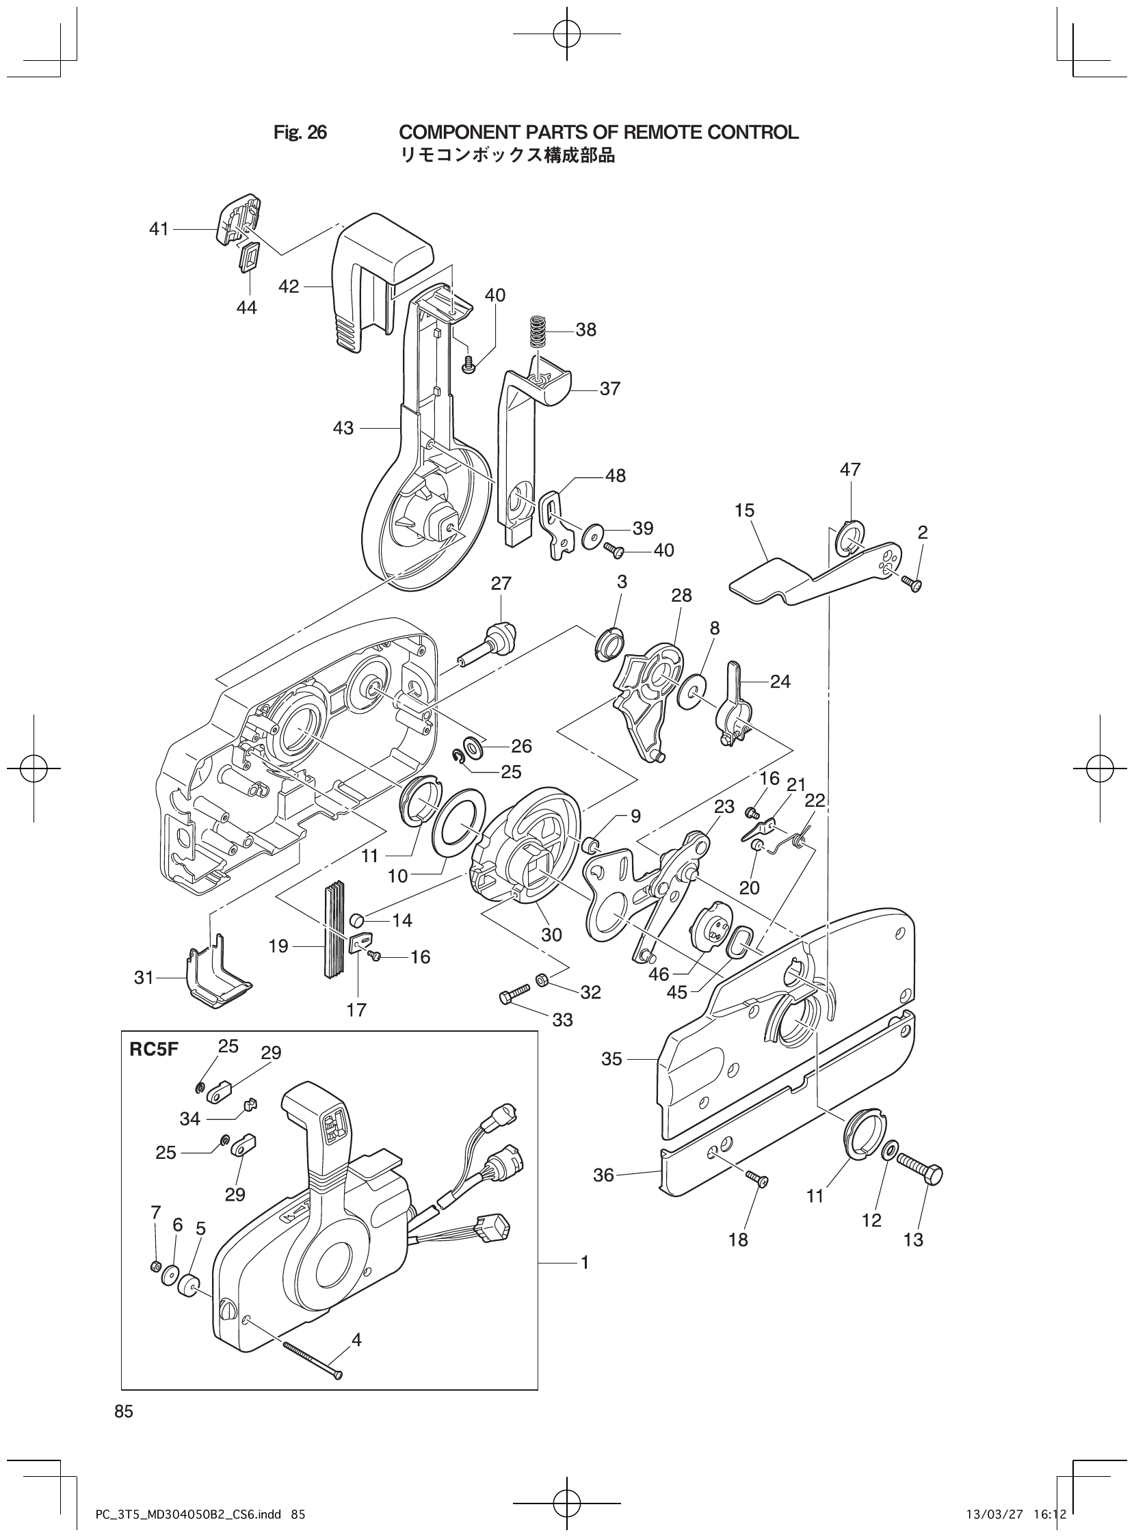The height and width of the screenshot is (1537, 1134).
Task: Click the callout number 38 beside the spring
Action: point(585,330)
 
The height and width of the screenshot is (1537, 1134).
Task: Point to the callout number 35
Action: point(611,1059)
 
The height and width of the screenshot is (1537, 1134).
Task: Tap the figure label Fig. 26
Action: point(300,133)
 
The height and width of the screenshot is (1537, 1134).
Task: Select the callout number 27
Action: point(501,583)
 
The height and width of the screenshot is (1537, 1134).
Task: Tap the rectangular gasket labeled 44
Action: point(247,260)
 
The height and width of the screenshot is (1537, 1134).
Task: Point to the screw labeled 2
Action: point(912,583)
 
